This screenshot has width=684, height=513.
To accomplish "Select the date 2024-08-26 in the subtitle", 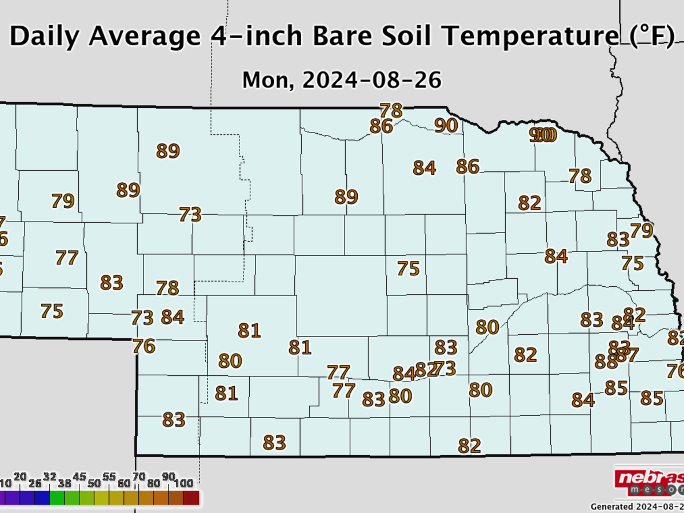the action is [372, 80].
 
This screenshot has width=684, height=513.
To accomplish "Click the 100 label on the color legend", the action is [183, 483].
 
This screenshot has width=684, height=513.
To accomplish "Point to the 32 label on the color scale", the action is [50, 477].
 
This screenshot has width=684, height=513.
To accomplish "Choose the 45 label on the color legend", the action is [79, 477].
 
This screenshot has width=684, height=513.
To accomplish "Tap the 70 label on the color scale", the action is [139, 477].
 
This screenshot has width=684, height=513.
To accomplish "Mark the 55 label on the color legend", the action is [109, 477].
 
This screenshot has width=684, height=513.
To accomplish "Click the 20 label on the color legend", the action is [20, 477].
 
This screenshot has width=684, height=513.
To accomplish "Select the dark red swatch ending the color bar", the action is [191, 498].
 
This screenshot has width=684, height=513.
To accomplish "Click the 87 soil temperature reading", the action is [630, 355].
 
